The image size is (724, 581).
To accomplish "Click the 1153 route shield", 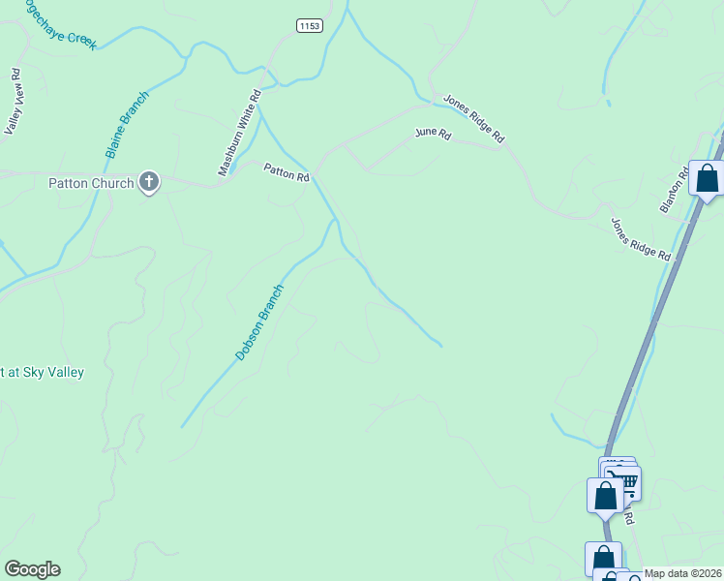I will coord(309,24).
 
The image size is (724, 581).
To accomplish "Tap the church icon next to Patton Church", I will coord(149,182).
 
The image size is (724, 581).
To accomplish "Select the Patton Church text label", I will coord(91,183).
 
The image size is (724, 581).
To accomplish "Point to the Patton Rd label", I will coord(287,172).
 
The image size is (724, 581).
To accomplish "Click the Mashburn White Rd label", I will coord(240,133).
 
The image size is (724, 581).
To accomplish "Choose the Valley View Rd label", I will coord(14,102).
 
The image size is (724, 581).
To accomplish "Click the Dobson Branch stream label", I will coord(260,322).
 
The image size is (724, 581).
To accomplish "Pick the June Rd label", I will coord(433,133).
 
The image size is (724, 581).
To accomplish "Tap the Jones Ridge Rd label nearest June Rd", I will coord(474,119).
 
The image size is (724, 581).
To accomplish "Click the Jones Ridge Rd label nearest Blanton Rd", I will coord(641,239).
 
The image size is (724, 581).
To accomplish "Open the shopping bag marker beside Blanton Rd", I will coord(708,179).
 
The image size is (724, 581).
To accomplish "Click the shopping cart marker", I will coord(625,481).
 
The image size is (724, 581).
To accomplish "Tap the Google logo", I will coord(32,569).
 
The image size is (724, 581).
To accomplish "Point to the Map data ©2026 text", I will coord(682,573).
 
